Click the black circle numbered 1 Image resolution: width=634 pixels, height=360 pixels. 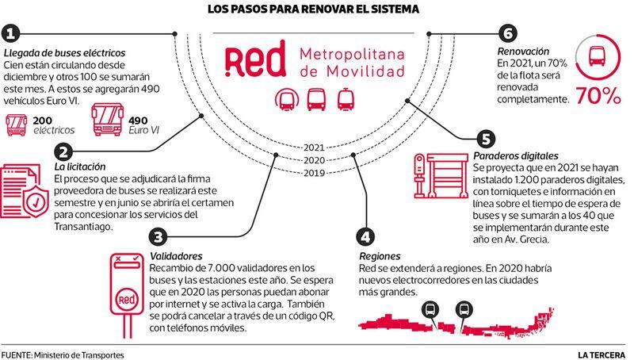[11, 34]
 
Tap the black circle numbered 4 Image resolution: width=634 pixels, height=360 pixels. [365, 236]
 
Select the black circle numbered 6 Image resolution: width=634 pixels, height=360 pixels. [508, 33]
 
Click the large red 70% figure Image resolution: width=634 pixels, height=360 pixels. [598, 96]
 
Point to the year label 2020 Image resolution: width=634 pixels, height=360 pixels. [314, 160]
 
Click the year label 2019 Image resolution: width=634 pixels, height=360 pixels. [314, 173]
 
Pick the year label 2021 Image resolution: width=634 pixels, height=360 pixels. [314, 147]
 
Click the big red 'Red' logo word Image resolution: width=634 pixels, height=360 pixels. [255, 59]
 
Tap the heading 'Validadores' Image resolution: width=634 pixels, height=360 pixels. [176, 256]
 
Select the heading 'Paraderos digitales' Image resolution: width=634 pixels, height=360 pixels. [516, 155]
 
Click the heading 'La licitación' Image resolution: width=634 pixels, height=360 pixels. [80, 167]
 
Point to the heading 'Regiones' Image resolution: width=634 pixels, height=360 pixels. [380, 256]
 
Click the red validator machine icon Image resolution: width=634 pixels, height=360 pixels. [127, 295]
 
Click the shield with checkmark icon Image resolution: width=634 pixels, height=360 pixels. [36, 201]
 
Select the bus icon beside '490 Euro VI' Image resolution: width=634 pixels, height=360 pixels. [108, 119]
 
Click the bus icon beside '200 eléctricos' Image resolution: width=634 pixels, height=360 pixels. [17, 125]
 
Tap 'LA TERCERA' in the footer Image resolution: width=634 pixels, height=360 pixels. [602, 355]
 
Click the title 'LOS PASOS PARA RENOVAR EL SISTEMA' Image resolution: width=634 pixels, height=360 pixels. [313, 9]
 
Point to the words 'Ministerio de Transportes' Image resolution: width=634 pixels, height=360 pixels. [79, 355]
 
